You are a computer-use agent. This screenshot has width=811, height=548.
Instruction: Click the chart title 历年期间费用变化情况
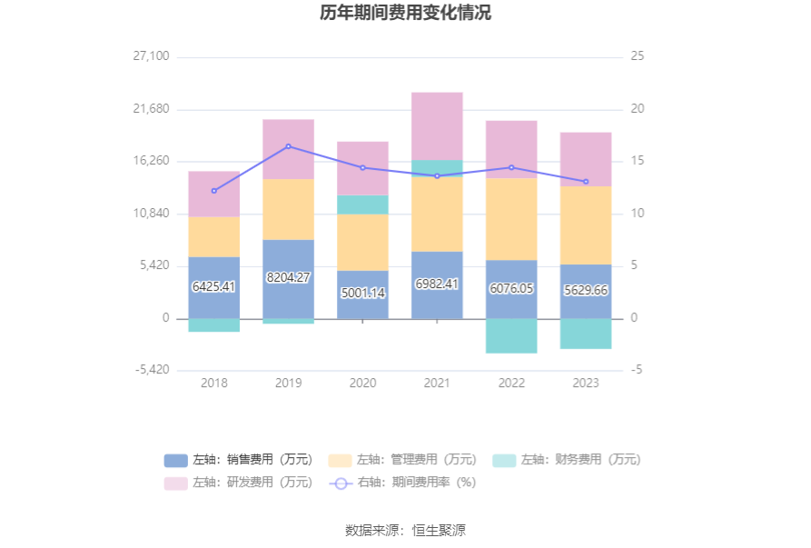[x=405, y=14]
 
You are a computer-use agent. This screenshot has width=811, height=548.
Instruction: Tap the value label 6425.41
[x=214, y=286]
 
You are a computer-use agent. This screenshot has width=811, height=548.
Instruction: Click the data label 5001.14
[x=363, y=294]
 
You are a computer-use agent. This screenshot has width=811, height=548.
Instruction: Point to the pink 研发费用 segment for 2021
[x=437, y=125]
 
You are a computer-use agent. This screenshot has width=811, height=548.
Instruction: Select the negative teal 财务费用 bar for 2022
[x=511, y=335]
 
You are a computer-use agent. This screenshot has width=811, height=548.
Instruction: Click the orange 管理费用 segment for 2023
[x=586, y=224]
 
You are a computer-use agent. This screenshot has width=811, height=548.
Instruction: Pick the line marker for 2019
[x=289, y=146]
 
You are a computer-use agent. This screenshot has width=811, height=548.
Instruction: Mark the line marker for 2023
[x=586, y=182]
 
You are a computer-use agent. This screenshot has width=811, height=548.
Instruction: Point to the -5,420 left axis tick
[x=152, y=370]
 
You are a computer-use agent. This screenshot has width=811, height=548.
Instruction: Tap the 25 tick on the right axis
[x=638, y=56]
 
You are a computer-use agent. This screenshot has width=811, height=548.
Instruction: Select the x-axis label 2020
[x=363, y=384]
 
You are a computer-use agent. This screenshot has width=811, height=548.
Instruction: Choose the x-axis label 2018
[x=214, y=384]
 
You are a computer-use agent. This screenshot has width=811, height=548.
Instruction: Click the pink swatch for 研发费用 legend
[x=176, y=483]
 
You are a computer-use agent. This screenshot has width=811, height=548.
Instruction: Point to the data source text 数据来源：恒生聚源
[x=405, y=530]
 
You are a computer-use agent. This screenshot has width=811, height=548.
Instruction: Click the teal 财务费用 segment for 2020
[x=363, y=204]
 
